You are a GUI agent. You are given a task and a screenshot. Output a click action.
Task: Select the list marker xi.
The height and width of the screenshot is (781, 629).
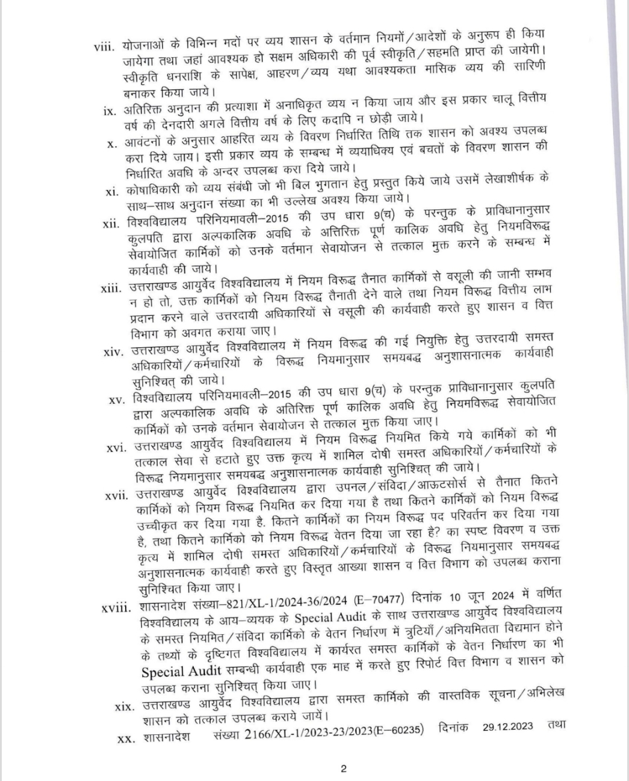(112, 192)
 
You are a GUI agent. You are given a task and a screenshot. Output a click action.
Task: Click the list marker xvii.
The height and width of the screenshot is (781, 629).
(116, 495)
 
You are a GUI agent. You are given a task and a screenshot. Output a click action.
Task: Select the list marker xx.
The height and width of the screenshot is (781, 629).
(125, 738)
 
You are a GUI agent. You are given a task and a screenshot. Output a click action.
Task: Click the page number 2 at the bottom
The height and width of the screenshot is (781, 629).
(344, 768)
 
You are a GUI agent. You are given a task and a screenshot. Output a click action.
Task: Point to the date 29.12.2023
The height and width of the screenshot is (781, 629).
(508, 727)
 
